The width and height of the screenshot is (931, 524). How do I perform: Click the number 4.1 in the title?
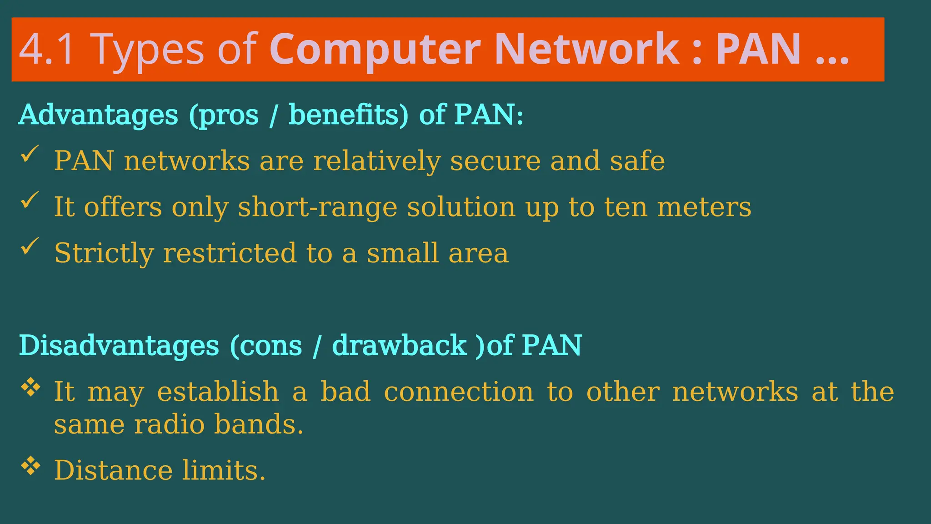46,50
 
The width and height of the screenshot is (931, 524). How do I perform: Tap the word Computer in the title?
375,50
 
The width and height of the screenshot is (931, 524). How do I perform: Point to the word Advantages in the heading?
98,115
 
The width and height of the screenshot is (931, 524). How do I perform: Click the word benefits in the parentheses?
348,115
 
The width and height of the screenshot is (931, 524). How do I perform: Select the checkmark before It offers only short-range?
30,200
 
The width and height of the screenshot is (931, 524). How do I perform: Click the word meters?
704,207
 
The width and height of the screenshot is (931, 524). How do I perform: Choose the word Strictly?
104,253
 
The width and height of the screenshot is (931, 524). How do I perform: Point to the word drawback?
399,346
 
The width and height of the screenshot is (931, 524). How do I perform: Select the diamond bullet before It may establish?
30,388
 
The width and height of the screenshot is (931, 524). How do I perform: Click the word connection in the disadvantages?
459,392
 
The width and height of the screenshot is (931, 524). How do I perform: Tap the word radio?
169,424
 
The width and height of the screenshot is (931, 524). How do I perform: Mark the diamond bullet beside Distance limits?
30,466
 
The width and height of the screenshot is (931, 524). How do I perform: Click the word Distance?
113,470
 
